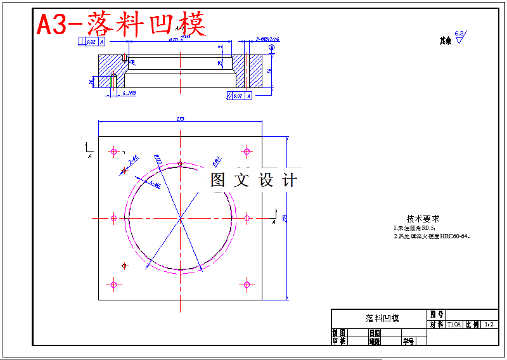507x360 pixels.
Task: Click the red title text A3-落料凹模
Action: [121, 25]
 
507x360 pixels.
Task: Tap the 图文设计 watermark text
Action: [253, 180]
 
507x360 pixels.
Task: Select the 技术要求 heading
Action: [423, 218]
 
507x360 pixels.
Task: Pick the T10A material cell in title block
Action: [454, 325]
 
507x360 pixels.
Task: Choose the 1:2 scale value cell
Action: [489, 325]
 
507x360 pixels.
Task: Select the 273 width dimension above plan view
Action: [181, 120]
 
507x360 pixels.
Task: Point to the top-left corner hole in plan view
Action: [114, 151]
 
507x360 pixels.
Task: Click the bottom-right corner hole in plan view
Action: [247, 285]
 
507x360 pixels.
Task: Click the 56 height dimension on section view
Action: [269, 71]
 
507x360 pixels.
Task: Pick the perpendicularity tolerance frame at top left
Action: [93, 42]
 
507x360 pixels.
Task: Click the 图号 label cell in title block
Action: [437, 314]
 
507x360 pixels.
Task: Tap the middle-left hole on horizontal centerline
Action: [114, 218]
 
